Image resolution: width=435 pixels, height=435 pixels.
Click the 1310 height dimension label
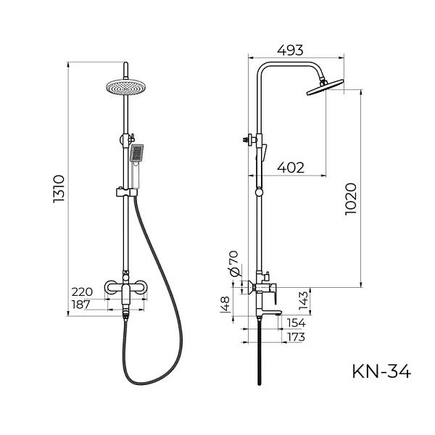click(59, 189)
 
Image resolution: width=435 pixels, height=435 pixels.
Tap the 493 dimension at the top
click(290, 50)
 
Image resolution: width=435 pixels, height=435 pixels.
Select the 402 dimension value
click(291, 167)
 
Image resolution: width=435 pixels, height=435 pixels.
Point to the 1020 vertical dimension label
click(351, 199)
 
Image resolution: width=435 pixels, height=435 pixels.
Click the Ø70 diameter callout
click(233, 264)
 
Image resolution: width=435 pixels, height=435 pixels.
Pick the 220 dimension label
click(82, 292)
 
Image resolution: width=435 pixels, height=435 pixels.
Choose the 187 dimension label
click(81, 304)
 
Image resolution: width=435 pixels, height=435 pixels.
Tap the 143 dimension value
click(304, 301)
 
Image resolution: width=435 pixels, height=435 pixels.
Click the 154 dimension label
click(297, 323)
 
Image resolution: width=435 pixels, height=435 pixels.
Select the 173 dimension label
click(296, 337)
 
